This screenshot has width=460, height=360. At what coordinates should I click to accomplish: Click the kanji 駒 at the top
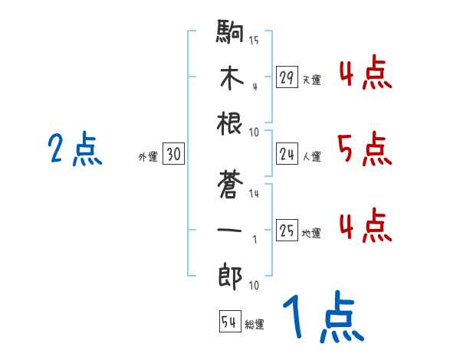tap(230, 34)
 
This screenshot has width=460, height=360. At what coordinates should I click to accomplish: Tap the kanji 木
tap(230, 80)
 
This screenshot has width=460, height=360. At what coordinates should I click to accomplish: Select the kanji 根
tap(230, 126)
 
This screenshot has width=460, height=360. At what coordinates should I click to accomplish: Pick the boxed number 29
tap(287, 77)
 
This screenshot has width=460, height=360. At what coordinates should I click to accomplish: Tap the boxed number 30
tap(173, 155)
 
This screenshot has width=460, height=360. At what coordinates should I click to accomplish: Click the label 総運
tap(255, 325)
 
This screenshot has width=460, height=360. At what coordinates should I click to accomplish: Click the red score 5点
tap(364, 149)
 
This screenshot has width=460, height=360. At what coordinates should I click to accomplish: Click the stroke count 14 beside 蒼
tap(254, 194)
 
